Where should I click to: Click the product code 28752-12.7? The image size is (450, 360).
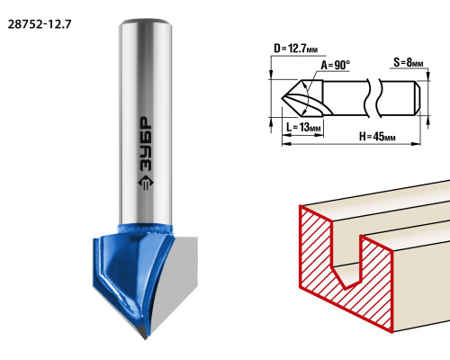[x=40, y=24]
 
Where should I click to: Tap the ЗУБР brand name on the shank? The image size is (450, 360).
[x=146, y=143]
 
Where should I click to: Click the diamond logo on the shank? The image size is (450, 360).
[x=146, y=182]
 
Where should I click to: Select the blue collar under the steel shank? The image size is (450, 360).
[x=146, y=229]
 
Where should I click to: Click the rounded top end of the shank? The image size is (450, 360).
[x=146, y=22]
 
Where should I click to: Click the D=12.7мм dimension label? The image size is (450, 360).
[x=295, y=49]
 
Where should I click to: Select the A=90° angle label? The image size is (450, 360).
[x=336, y=65]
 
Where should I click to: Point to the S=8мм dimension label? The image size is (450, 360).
[x=409, y=62]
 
